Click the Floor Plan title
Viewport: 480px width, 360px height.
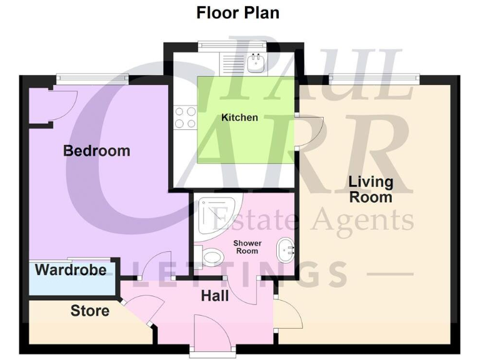coord(237,12)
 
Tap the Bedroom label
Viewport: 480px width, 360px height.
coord(97,151)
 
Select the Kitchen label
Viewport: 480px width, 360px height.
coord(239,117)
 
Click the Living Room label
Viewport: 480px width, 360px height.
coord(371,189)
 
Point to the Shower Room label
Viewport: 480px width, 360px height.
coord(247,246)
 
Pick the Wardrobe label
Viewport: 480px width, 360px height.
coord(70,271)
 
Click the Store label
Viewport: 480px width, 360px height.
coord(89,311)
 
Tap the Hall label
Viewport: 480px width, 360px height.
coord(214,296)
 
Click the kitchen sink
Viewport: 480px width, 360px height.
coord(254,62)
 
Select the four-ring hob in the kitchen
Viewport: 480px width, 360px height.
coord(185,117)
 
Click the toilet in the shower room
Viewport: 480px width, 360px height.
coord(211,257)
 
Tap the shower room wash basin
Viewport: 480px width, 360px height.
coord(287,252)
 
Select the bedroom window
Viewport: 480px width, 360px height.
coord(92,78)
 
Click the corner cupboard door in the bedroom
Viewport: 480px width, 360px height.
coord(62,102)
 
